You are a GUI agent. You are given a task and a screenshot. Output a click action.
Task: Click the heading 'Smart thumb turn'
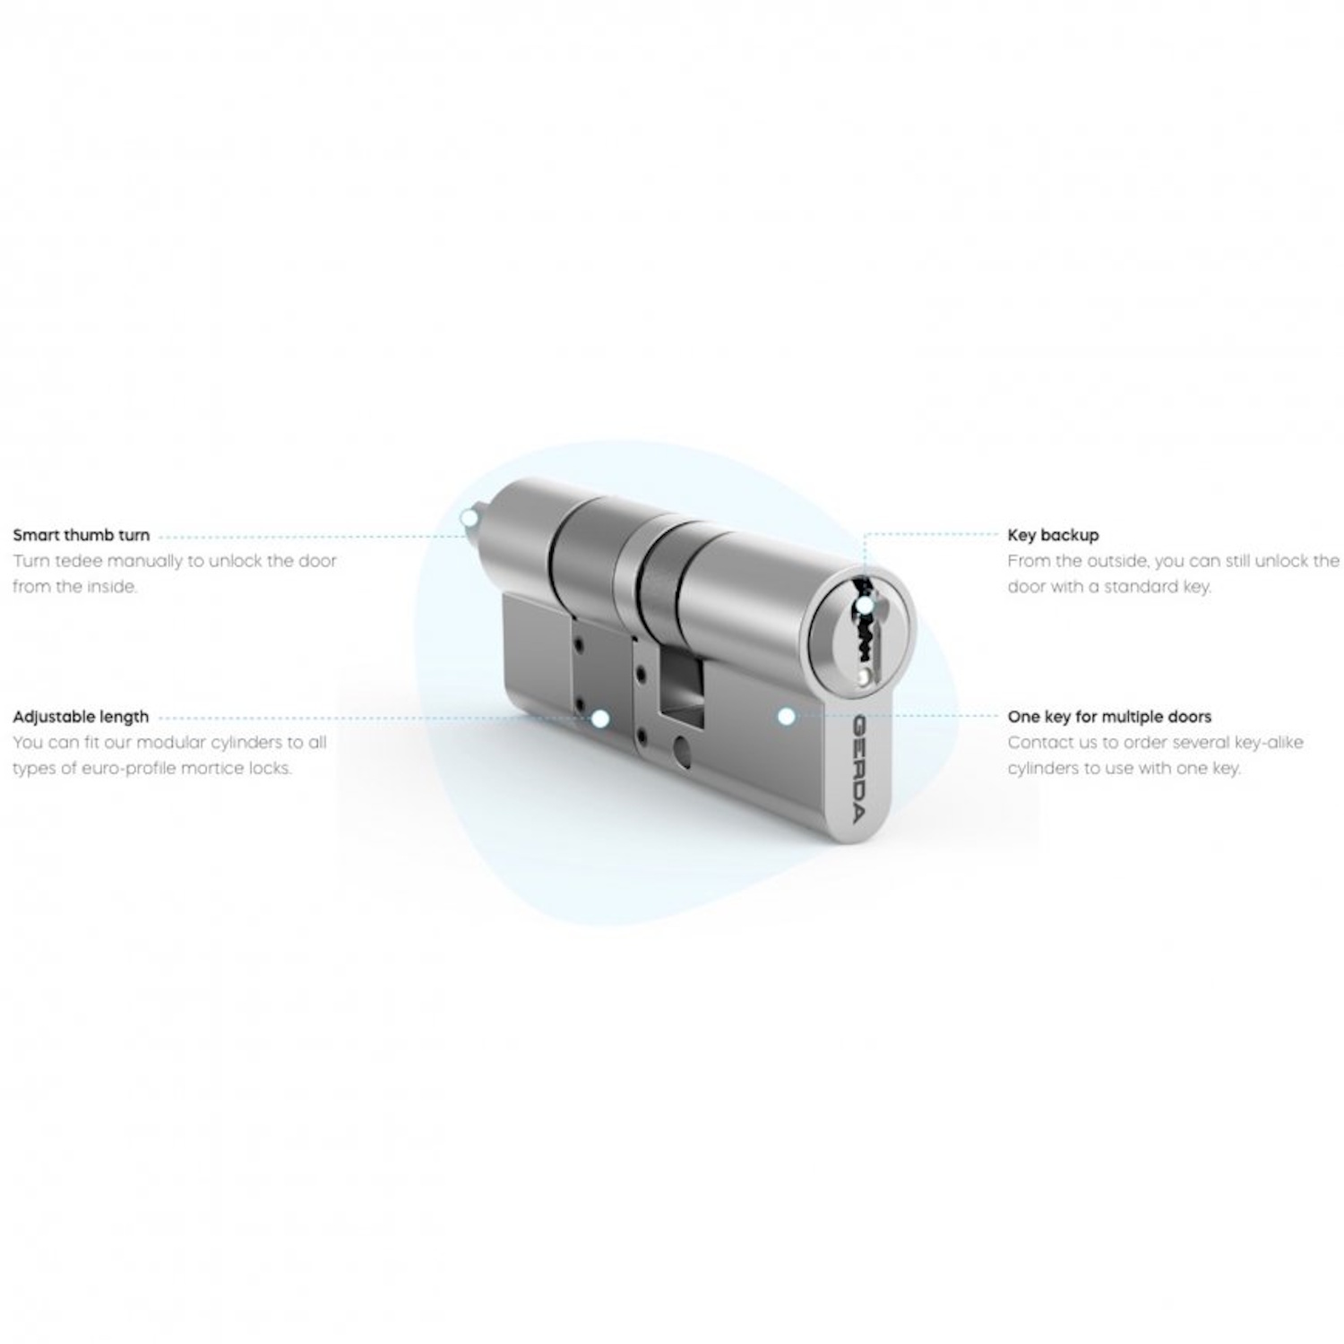pos(82,536)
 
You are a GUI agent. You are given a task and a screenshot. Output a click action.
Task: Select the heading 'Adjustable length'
pos(81,717)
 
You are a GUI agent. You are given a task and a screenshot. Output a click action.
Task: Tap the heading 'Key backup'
pos(1053,536)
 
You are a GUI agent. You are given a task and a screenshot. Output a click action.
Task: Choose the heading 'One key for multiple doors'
pos(1109,717)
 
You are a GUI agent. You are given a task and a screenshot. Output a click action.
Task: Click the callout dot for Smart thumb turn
pos(468,517)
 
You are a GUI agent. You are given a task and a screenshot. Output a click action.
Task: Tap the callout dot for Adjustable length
pos(600,719)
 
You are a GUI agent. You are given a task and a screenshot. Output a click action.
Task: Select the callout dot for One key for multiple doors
pos(786,716)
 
